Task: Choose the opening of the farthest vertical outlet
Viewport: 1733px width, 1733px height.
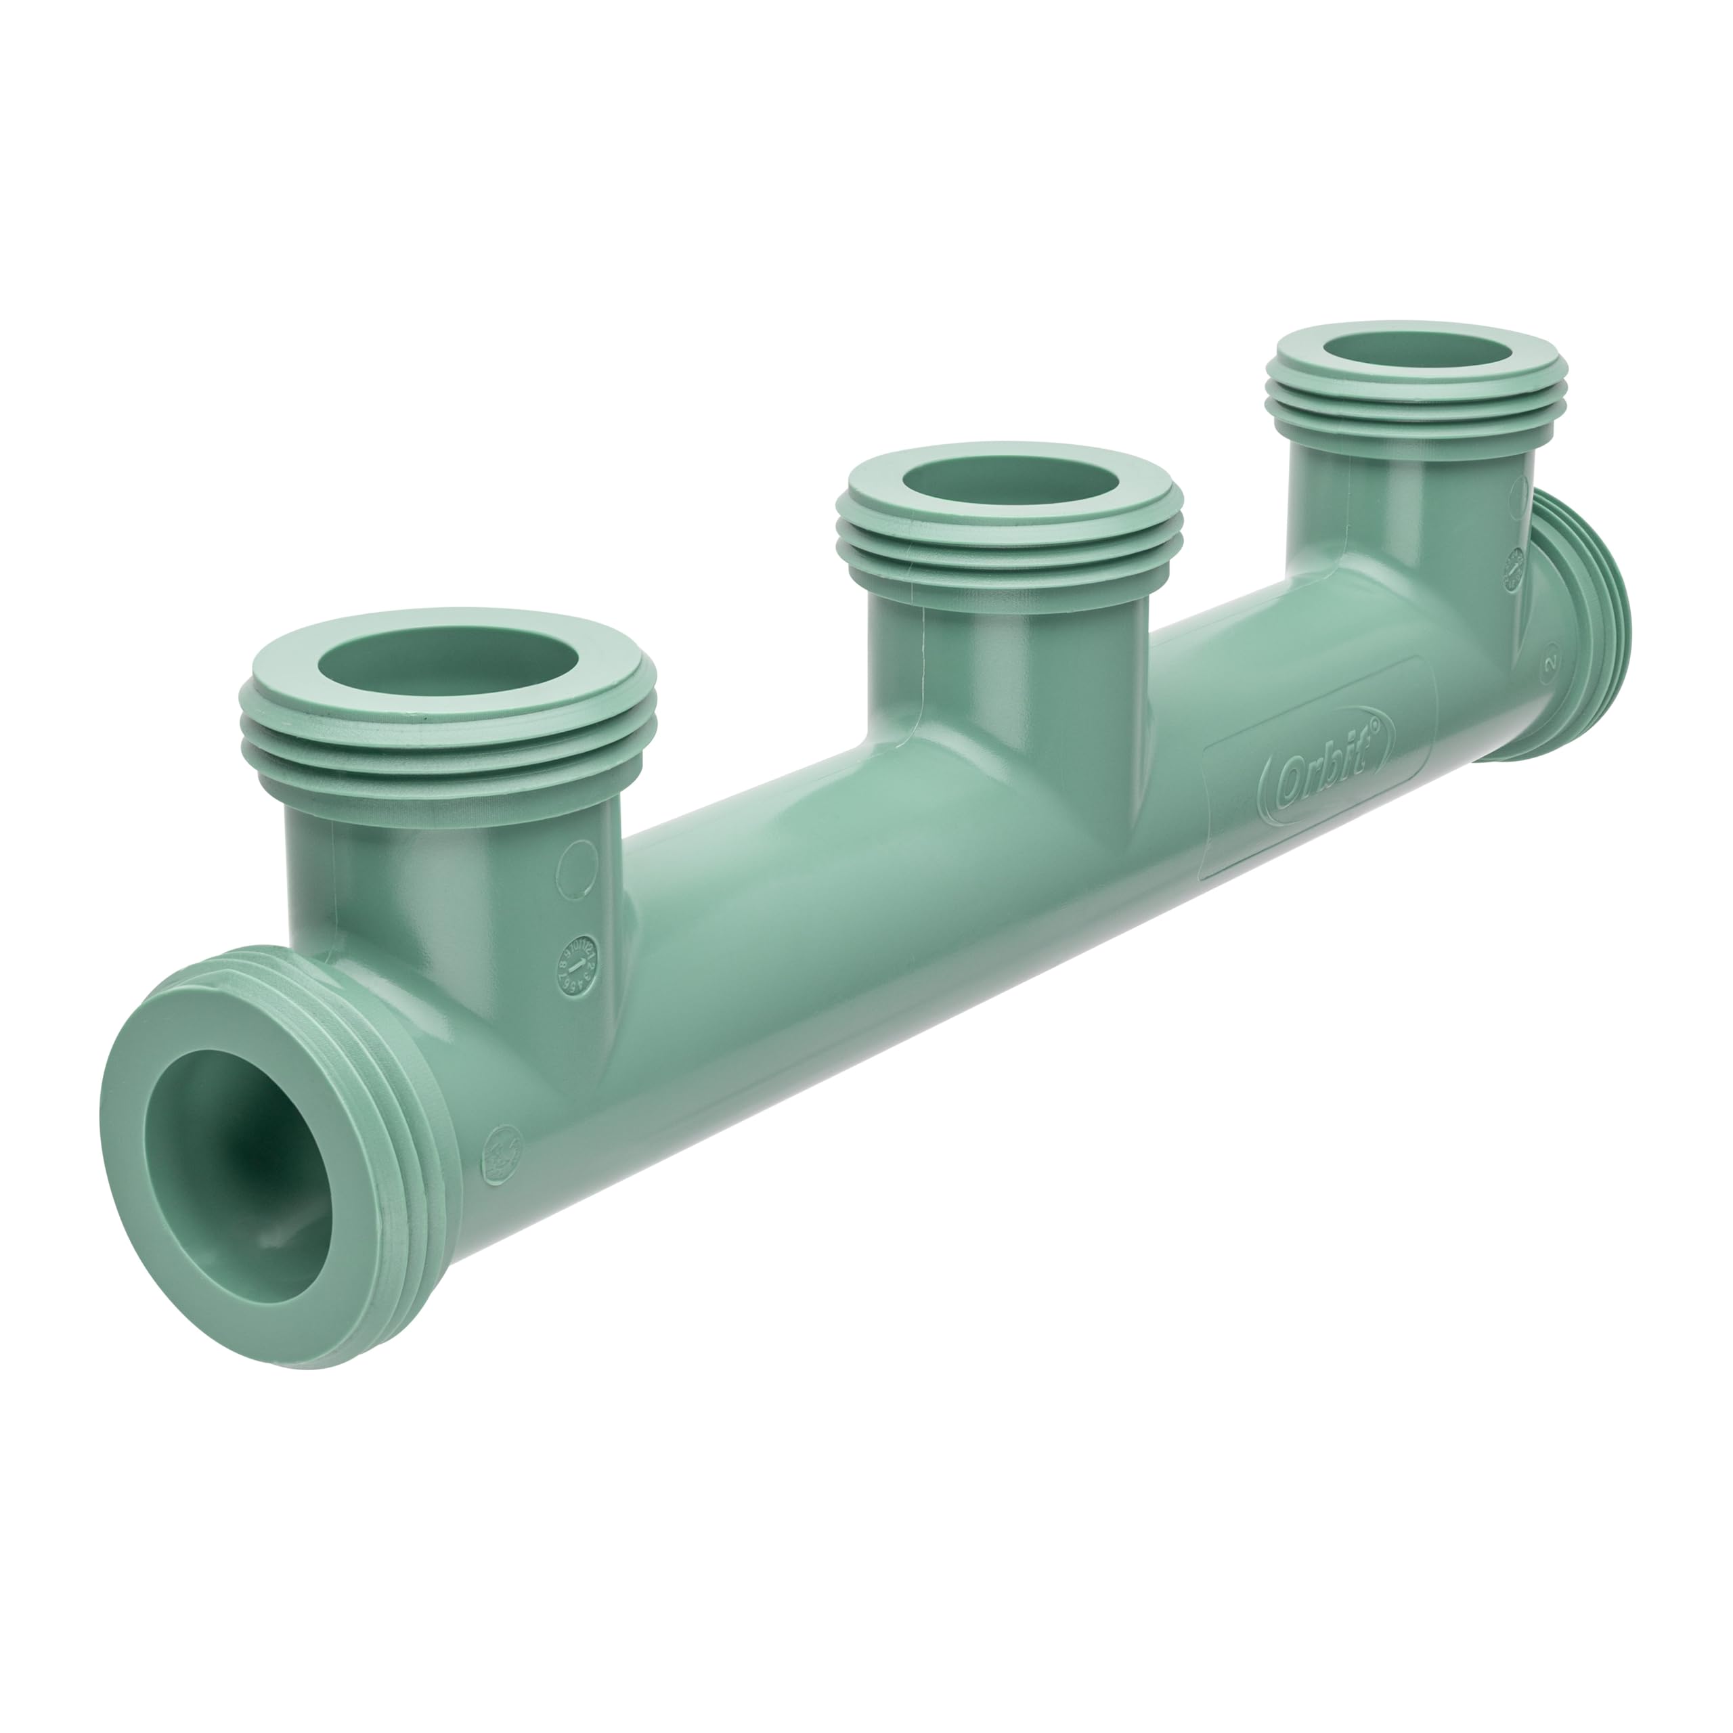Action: tap(1418, 350)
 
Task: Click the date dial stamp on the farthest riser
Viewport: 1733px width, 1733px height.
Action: tap(1514, 569)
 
